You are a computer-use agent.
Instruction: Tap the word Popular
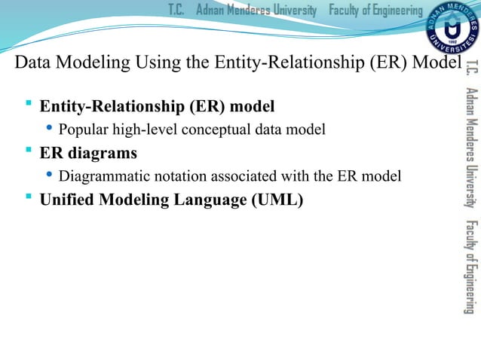click(x=82, y=130)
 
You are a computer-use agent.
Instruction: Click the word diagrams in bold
click(x=103, y=154)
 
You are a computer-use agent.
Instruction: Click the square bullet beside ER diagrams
click(x=28, y=152)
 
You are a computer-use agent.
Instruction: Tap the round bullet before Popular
click(x=49, y=129)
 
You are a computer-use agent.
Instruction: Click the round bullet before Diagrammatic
click(x=49, y=176)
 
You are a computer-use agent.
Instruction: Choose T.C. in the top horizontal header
click(x=176, y=10)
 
